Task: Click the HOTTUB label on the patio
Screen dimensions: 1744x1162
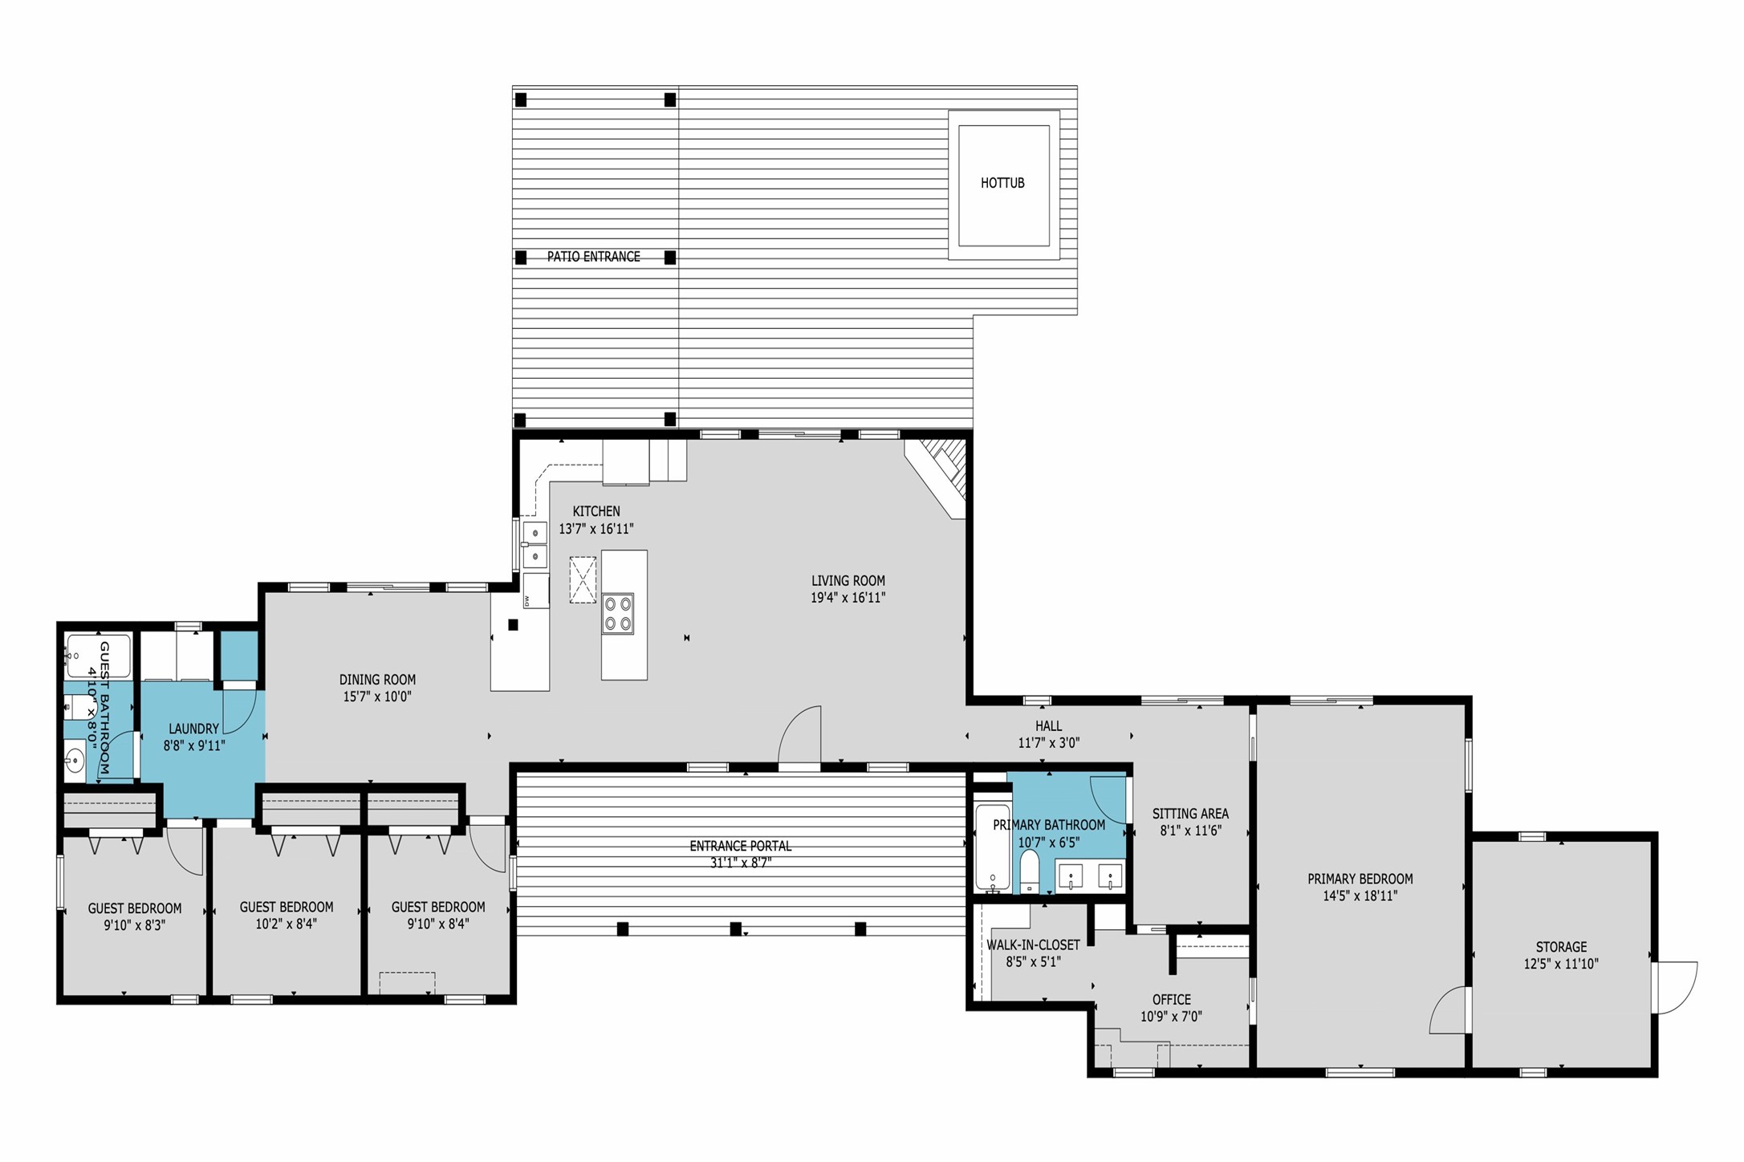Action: [x=1002, y=183]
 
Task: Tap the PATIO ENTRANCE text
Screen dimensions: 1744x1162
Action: [x=594, y=257]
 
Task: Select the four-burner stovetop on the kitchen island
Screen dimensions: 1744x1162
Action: [x=619, y=614]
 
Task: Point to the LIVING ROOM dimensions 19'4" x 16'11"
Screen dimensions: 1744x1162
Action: [x=848, y=598]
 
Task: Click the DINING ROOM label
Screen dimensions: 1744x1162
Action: [x=377, y=680]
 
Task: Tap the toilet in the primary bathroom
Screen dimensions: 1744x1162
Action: [x=1030, y=871]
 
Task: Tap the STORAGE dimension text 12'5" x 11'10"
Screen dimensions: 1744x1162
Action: [x=1561, y=964]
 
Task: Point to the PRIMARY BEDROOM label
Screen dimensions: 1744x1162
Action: [x=1360, y=879]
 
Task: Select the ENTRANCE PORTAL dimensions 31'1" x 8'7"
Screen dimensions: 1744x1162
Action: [x=741, y=863]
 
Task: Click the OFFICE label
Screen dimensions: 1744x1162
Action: [x=1172, y=1000]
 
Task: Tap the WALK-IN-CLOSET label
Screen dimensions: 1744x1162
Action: [x=1033, y=945]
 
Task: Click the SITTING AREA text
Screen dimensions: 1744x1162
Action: [x=1190, y=814]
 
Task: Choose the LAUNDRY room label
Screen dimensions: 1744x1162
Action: [x=193, y=729]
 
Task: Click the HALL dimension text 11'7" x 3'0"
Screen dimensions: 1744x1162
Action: [x=1049, y=743]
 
